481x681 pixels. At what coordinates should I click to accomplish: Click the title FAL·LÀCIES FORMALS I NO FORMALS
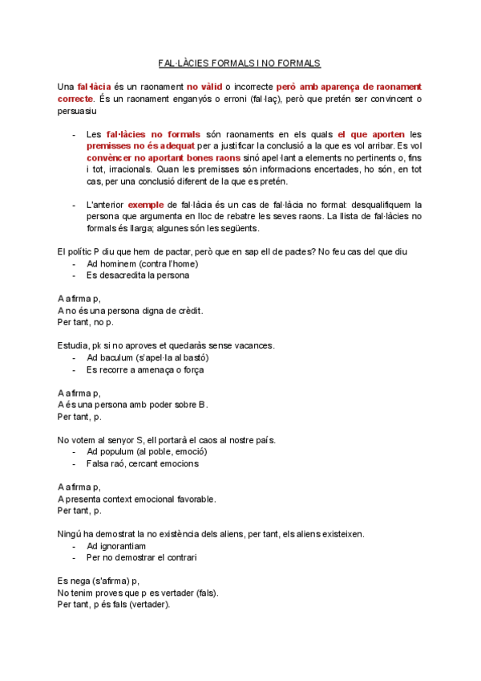coord(240,62)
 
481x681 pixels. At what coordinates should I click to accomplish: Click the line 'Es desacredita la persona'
coord(138,275)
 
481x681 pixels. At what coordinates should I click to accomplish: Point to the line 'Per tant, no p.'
coord(86,322)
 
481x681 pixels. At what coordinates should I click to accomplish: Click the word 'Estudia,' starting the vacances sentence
coord(73,345)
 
